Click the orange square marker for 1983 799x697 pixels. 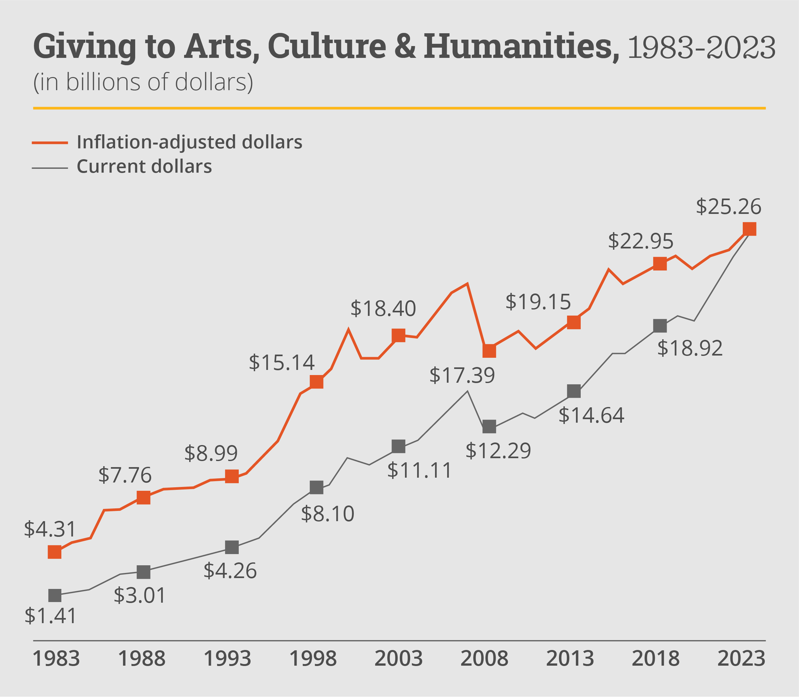(54, 552)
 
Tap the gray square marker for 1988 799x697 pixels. (144, 572)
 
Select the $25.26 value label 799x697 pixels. (728, 207)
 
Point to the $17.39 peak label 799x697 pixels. (462, 376)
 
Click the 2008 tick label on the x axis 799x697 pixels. (484, 659)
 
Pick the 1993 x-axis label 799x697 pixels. (228, 659)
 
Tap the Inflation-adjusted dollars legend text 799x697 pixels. (189, 142)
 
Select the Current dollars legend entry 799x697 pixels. (144, 167)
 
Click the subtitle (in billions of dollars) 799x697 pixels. (143, 82)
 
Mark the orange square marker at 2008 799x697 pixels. (489, 350)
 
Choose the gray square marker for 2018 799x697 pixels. (660, 325)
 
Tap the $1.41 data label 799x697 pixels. (50, 616)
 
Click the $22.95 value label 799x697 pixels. (640, 241)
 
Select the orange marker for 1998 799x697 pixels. (316, 382)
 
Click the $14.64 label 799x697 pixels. (591, 415)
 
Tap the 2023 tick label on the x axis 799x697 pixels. (741, 659)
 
